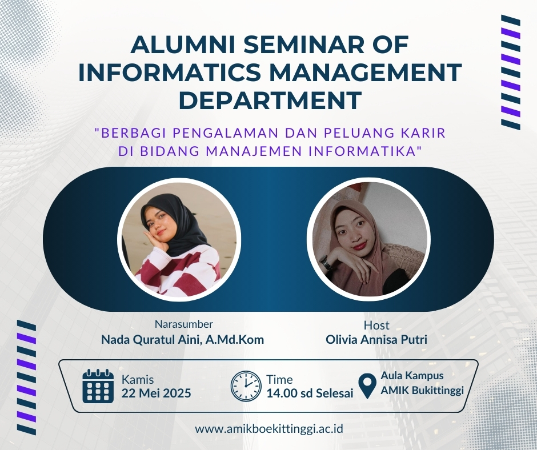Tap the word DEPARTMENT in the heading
pos(270,100)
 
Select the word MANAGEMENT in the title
pos(363,73)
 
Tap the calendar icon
pos(98,386)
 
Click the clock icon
pos(246,386)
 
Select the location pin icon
pos(367,386)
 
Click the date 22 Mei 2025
pos(156,393)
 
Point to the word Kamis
pos(138,380)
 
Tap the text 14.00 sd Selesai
pos(310,393)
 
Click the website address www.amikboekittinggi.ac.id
pos(269,429)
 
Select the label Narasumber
pos(184,324)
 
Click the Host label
pos(376,325)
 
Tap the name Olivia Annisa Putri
pos(376,339)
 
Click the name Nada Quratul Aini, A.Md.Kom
pos(183,340)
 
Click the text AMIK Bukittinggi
pos(422,390)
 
